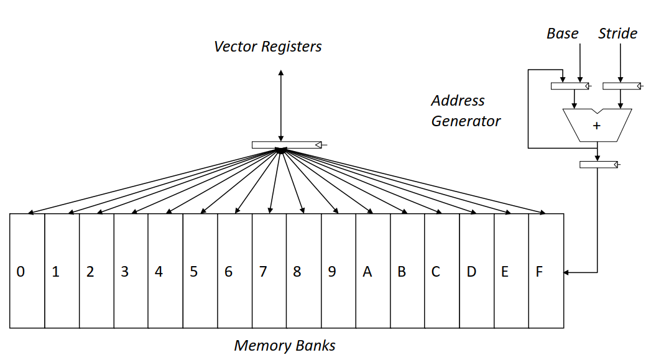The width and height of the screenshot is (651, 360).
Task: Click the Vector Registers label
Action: [x=268, y=47]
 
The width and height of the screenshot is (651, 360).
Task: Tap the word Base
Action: [x=562, y=34]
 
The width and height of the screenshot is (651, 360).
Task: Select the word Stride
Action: [x=617, y=34]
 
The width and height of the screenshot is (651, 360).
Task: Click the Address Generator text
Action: [x=466, y=111]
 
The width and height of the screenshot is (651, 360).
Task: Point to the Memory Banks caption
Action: [x=285, y=345]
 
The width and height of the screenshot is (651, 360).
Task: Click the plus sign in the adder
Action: [x=597, y=126]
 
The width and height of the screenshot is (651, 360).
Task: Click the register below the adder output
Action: [x=598, y=165]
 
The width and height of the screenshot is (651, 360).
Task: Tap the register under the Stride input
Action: [x=621, y=86]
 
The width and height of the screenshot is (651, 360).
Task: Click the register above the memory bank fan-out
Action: [x=287, y=145]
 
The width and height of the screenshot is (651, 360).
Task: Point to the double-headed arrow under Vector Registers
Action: [x=281, y=106]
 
